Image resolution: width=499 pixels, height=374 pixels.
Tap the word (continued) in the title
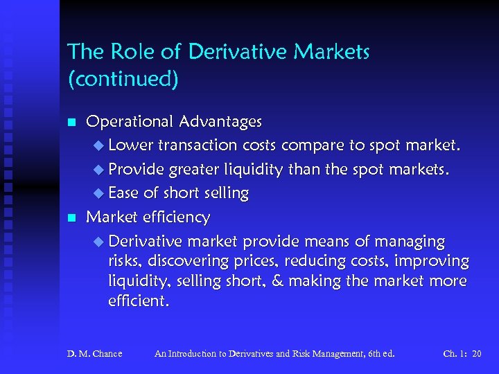[123, 79]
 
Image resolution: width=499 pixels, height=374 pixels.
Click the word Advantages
[220, 121]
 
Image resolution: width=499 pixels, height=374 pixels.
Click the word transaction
[198, 145]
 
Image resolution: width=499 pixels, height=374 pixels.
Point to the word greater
[191, 170]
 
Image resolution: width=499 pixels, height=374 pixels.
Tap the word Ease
[123, 193]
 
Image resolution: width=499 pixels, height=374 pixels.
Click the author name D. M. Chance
[94, 354]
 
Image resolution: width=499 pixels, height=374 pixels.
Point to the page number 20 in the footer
[476, 354]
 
